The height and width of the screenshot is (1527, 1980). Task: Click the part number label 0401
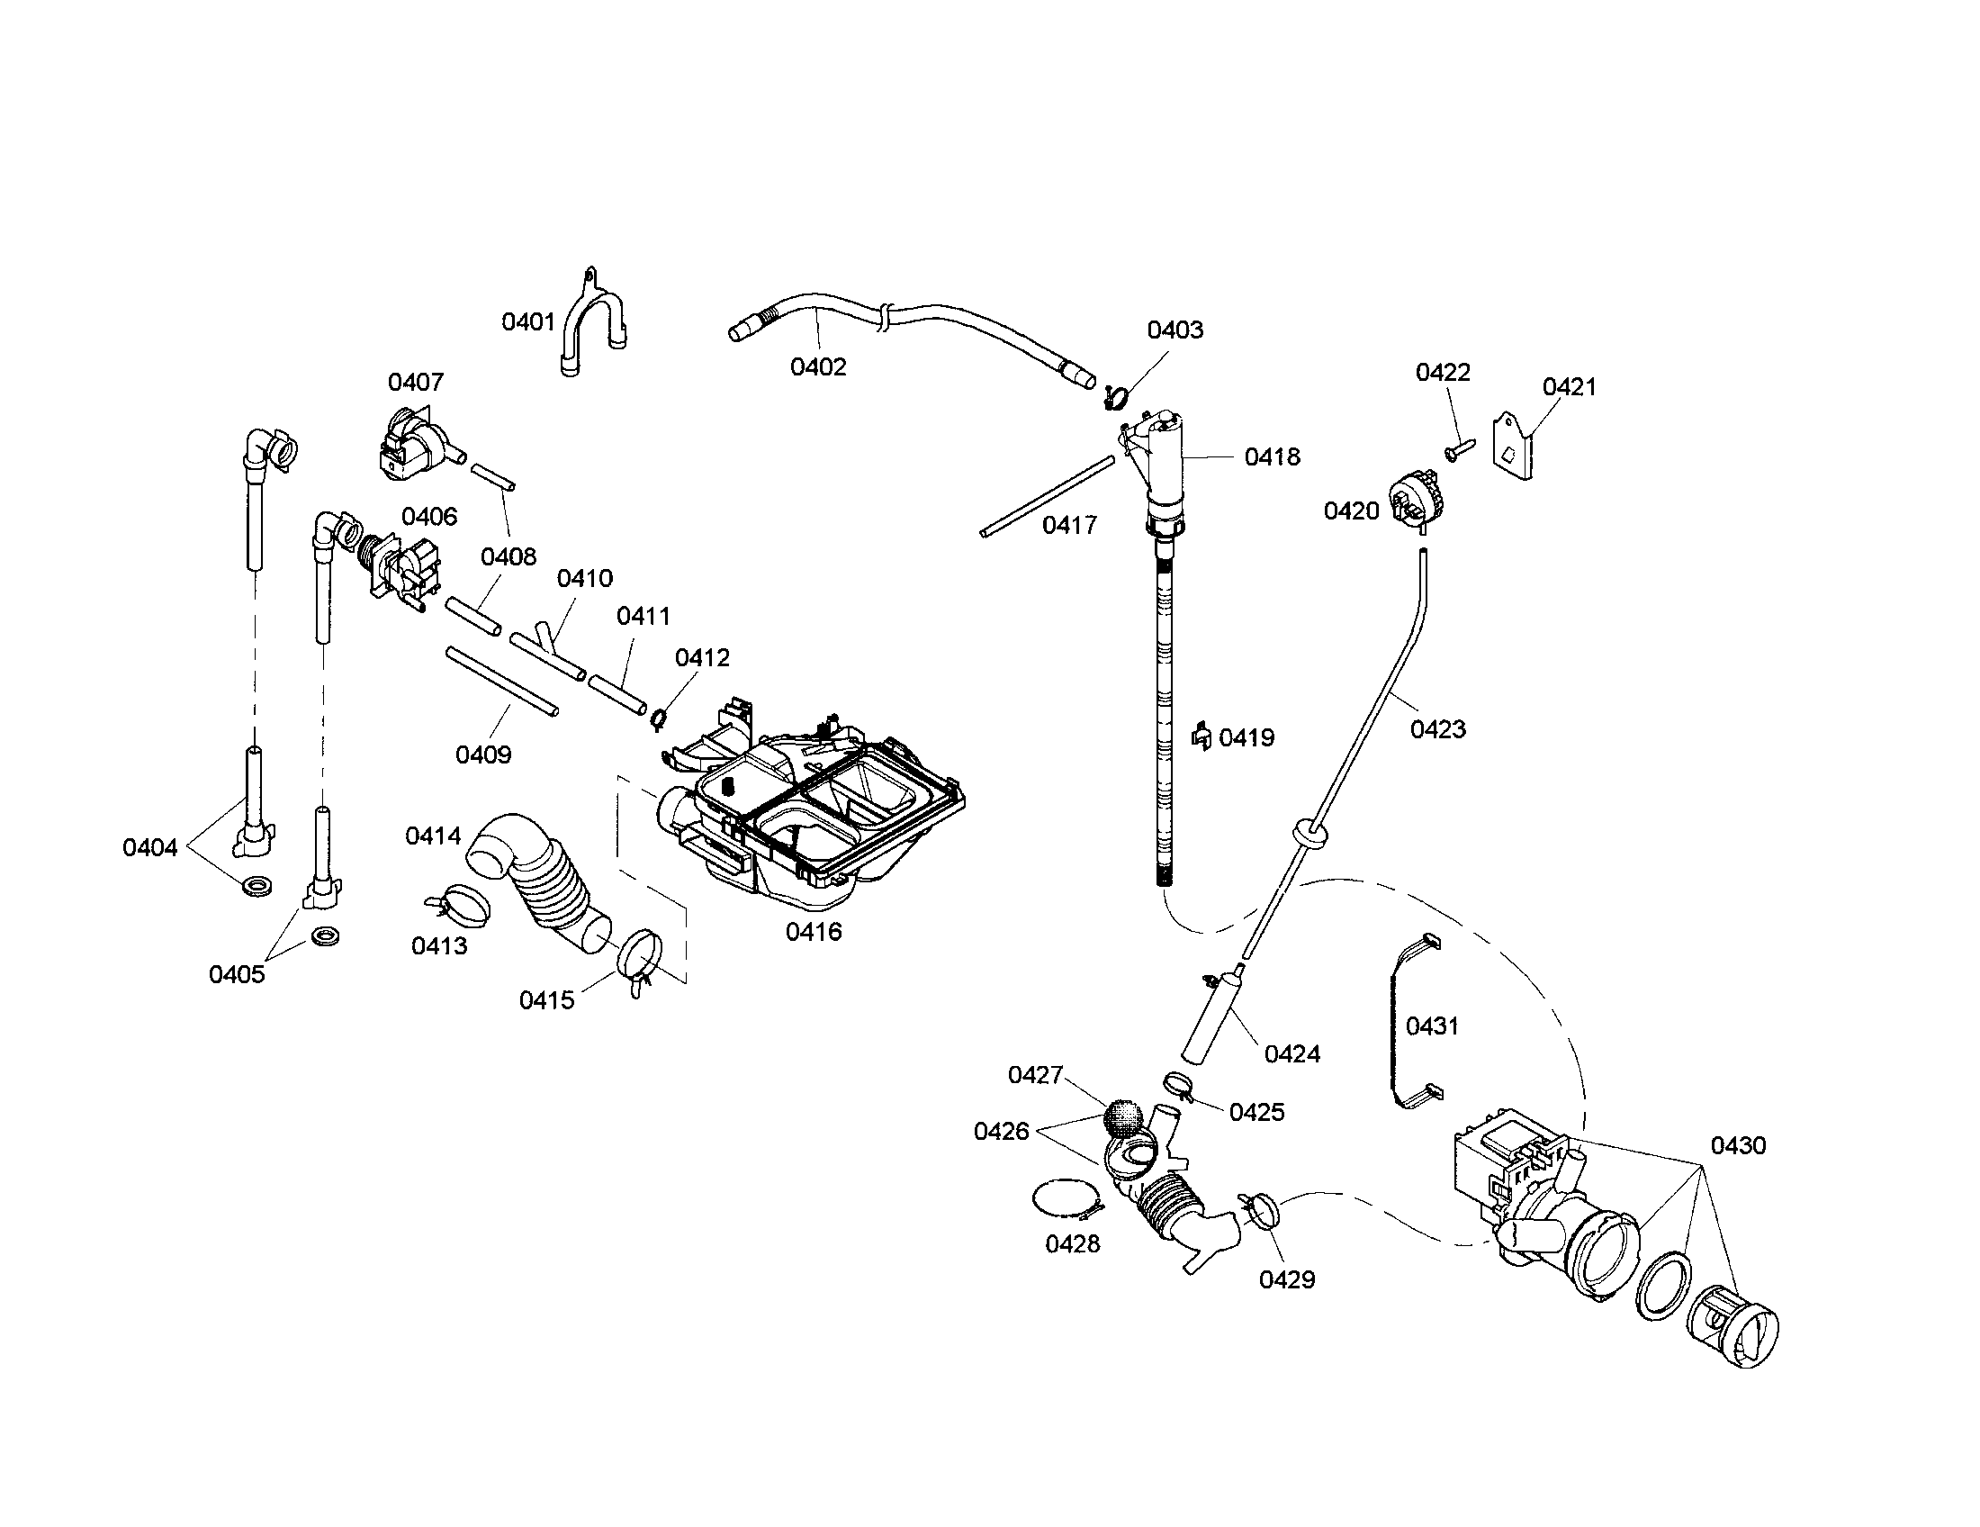(527, 322)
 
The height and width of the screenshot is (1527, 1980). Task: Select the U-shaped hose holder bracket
(591, 323)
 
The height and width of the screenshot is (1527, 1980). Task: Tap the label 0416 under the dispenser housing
(814, 931)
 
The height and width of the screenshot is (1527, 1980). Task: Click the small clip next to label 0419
(1201, 736)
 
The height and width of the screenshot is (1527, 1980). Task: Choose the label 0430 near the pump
(1738, 1145)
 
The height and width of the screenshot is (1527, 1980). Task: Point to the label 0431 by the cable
(1432, 1026)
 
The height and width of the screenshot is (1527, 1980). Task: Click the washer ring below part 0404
(257, 884)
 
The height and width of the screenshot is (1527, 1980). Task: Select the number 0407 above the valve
(415, 382)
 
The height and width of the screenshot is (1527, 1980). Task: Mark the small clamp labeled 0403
(1116, 395)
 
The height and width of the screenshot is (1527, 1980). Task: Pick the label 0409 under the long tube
(483, 754)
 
